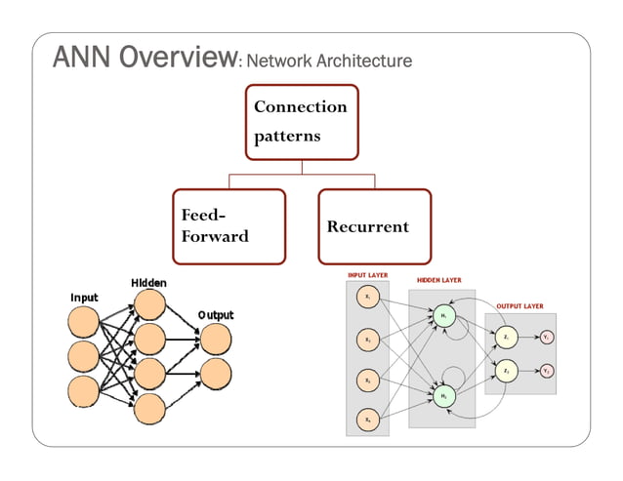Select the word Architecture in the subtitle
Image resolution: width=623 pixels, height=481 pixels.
pyautogui.click(x=362, y=61)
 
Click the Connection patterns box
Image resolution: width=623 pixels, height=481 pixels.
pyautogui.click(x=301, y=121)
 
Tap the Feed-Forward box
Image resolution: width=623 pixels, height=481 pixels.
pyautogui.click(x=228, y=226)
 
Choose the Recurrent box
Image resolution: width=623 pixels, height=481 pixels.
pyautogui.click(x=374, y=226)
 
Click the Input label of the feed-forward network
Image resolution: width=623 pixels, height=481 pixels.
pyautogui.click(x=84, y=297)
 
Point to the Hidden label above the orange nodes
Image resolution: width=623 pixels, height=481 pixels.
pyautogui.click(x=148, y=283)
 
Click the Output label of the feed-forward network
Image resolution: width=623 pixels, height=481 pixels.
pyautogui.click(x=216, y=315)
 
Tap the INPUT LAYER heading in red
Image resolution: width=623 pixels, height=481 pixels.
pyautogui.click(x=368, y=275)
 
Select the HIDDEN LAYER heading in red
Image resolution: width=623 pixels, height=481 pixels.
pyautogui.click(x=439, y=280)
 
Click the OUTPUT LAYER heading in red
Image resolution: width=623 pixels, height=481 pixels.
pyautogui.click(x=520, y=305)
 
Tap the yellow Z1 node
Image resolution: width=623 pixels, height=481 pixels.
pyautogui.click(x=506, y=338)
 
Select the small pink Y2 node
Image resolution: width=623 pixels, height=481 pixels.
pyautogui.click(x=547, y=372)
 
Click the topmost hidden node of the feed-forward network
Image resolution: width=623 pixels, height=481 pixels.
pyautogui.click(x=149, y=305)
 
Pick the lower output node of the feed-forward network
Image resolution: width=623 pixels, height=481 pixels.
pyautogui.click(x=216, y=372)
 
